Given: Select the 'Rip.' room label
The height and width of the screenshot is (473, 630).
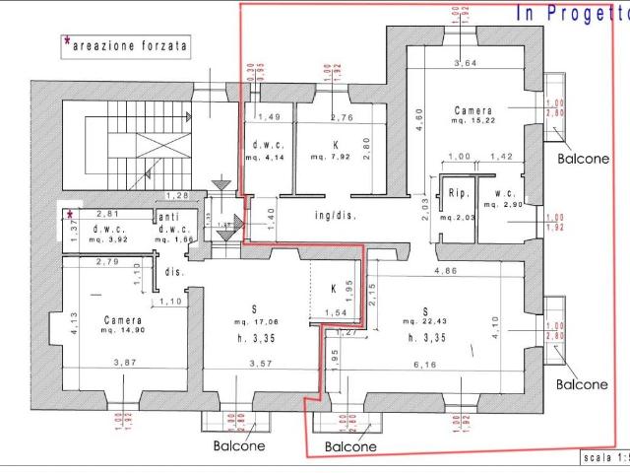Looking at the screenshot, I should pos(456,193).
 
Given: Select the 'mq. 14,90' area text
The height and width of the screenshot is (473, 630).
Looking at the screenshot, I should pos(124,332).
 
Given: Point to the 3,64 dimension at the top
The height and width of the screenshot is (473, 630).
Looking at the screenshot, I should pos(463,65).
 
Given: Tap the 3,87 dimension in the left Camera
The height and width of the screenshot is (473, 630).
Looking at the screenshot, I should pos(124,364).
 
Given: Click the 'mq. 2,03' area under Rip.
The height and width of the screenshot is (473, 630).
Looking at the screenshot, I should pos(457,217).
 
